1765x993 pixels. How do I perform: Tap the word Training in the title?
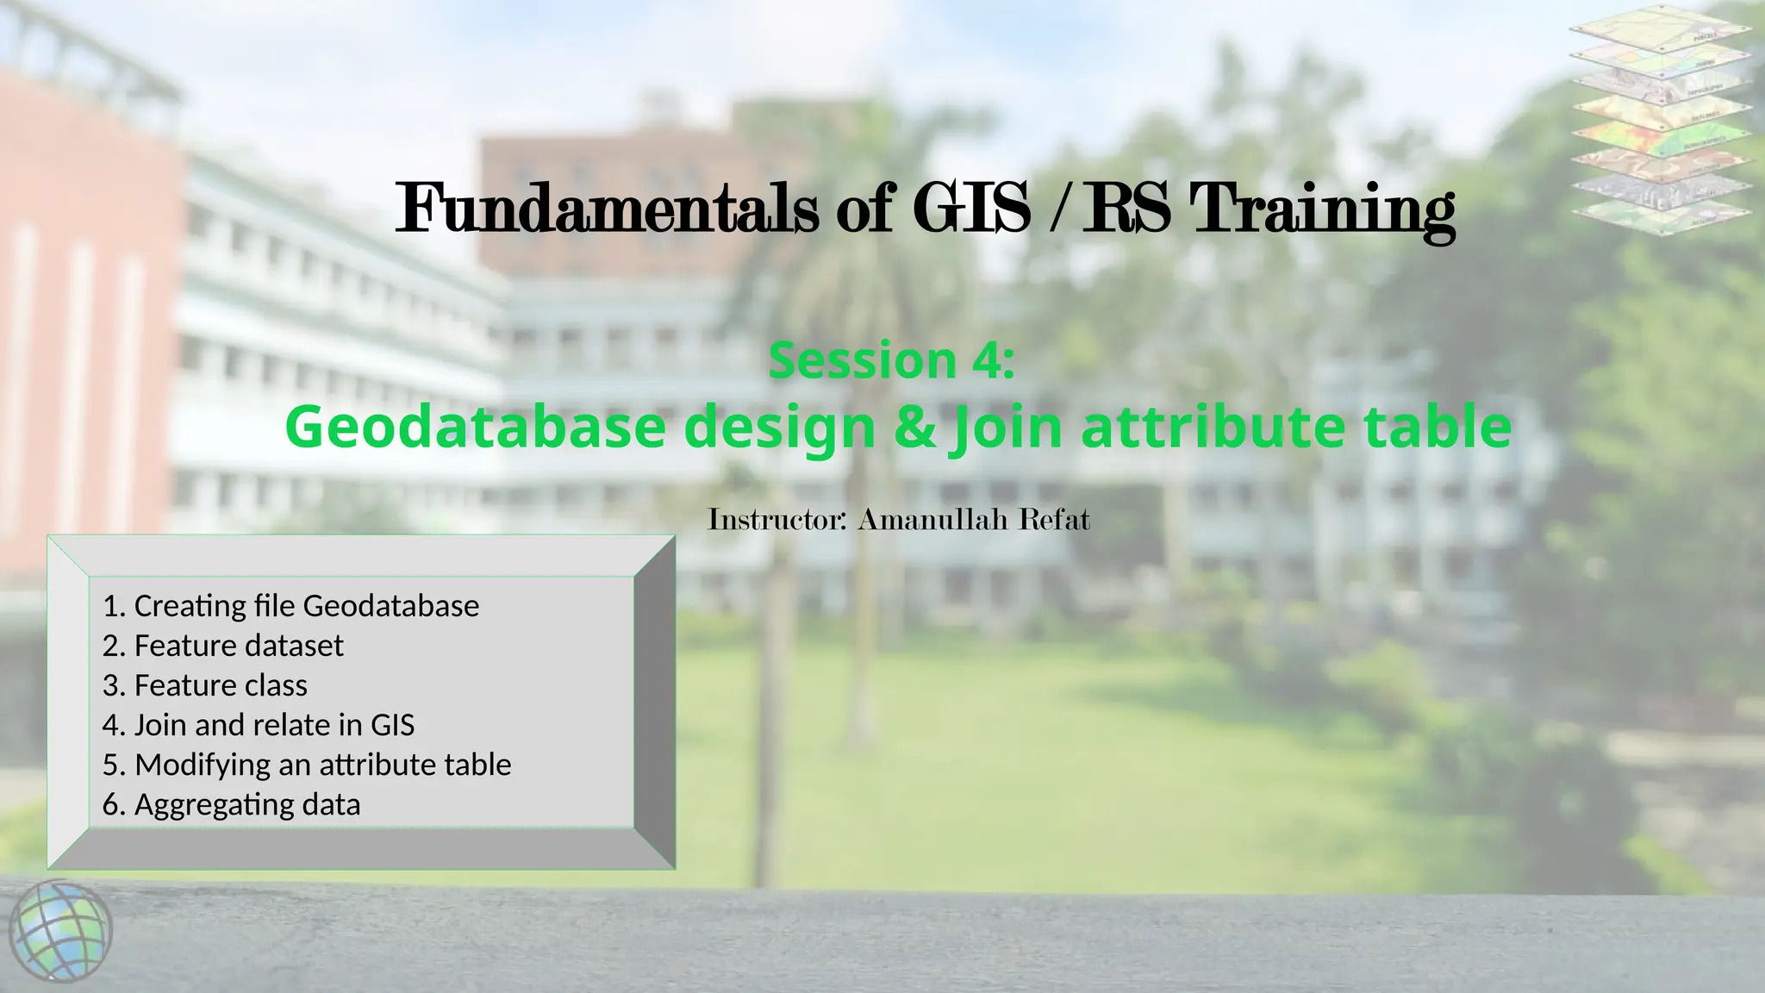(1322, 209)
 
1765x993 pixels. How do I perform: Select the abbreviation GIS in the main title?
(971, 209)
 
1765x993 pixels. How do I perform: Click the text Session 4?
(891, 360)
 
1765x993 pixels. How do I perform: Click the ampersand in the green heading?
(915, 427)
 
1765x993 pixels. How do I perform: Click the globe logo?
(60, 931)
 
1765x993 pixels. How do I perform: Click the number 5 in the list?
(110, 765)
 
